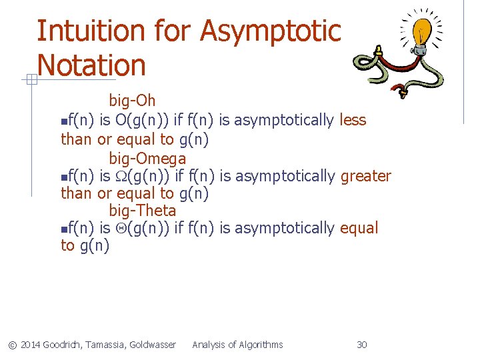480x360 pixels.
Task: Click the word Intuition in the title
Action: point(79,31)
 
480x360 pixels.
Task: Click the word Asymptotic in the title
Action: point(270,31)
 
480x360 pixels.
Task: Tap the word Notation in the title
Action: point(91,65)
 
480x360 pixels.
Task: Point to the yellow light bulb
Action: point(423,31)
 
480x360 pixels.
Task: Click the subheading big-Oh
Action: point(132,101)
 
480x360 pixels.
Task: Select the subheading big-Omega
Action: point(147,159)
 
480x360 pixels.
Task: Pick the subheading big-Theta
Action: point(143,211)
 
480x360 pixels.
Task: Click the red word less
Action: point(353,120)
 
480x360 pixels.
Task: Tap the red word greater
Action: point(365,176)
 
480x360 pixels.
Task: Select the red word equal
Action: point(359,228)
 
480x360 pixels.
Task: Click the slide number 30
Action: point(362,345)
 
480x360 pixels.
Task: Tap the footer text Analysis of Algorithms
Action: point(237,345)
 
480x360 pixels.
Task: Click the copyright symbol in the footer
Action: point(12,345)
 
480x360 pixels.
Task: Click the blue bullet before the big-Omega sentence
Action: point(63,177)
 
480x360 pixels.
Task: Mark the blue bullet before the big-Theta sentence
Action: point(63,229)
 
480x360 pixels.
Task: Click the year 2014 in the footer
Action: point(30,345)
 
